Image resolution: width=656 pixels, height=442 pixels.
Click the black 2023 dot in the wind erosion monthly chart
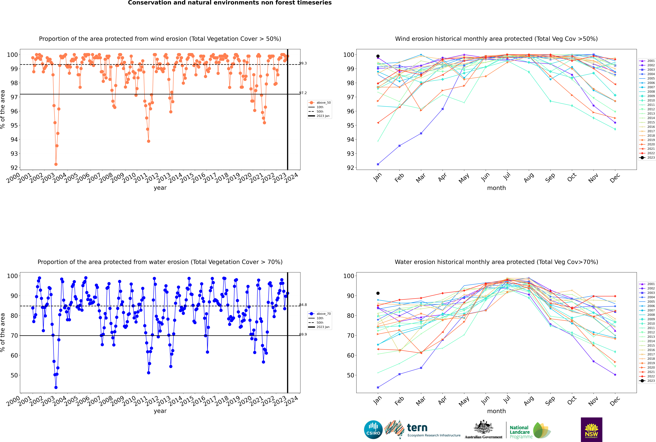tap(378, 56)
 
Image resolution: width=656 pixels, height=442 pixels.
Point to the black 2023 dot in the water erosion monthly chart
tap(378, 293)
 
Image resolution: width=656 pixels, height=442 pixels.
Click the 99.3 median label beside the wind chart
tap(303, 63)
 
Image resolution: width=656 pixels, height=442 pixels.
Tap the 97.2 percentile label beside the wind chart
tap(303, 93)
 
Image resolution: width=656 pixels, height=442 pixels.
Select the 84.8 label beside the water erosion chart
tap(303, 305)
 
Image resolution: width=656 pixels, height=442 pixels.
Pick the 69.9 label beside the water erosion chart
tap(303, 334)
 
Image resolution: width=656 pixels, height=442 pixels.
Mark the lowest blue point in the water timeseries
tap(56, 387)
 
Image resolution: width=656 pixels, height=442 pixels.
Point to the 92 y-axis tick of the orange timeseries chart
tap(14, 168)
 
